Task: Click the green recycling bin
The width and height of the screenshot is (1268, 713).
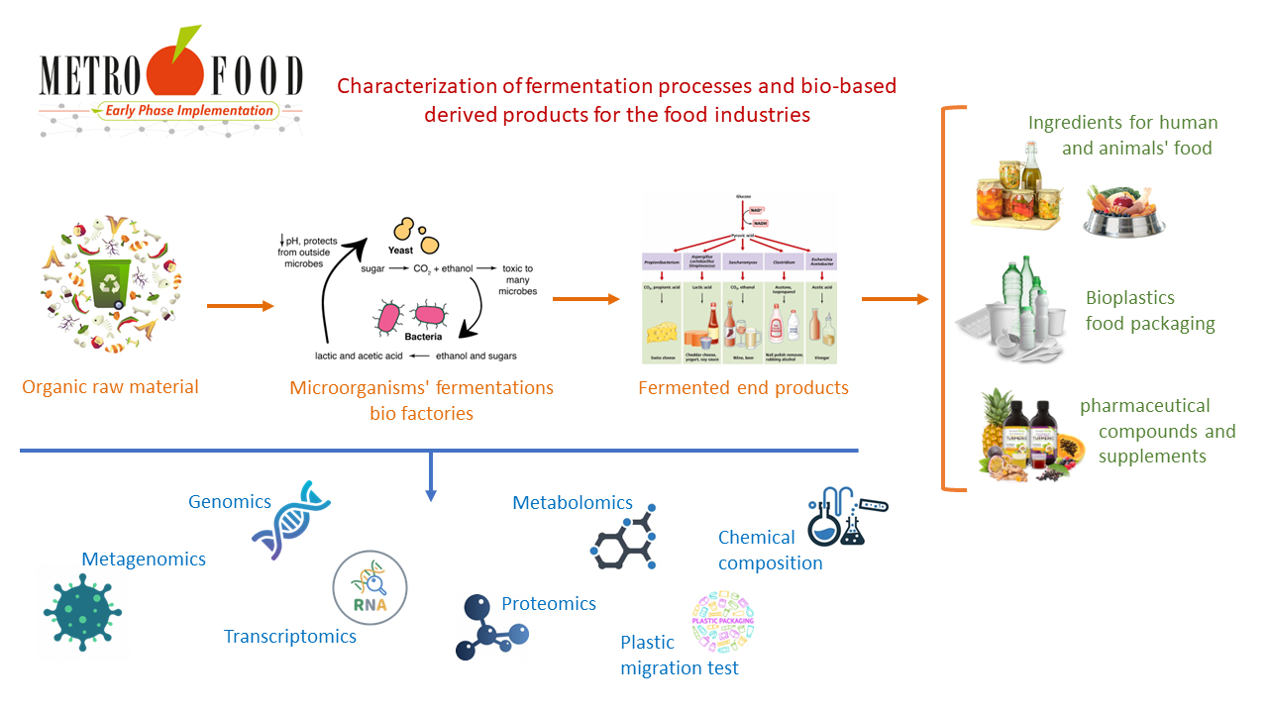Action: (109, 283)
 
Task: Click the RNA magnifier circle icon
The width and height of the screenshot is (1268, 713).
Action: (370, 587)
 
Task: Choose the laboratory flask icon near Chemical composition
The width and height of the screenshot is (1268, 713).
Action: (841, 516)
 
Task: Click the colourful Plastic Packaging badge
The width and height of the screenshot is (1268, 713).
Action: (723, 623)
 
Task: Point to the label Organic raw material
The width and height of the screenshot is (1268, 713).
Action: (110, 387)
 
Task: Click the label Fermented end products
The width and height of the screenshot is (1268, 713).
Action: (743, 388)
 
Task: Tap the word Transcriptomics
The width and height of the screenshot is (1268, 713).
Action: (289, 637)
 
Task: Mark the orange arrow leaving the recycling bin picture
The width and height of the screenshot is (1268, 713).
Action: (240, 306)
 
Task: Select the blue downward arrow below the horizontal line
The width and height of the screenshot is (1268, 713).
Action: (430, 475)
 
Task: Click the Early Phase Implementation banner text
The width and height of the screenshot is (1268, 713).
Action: (182, 111)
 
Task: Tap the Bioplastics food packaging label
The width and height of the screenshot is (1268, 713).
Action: (1149, 310)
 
